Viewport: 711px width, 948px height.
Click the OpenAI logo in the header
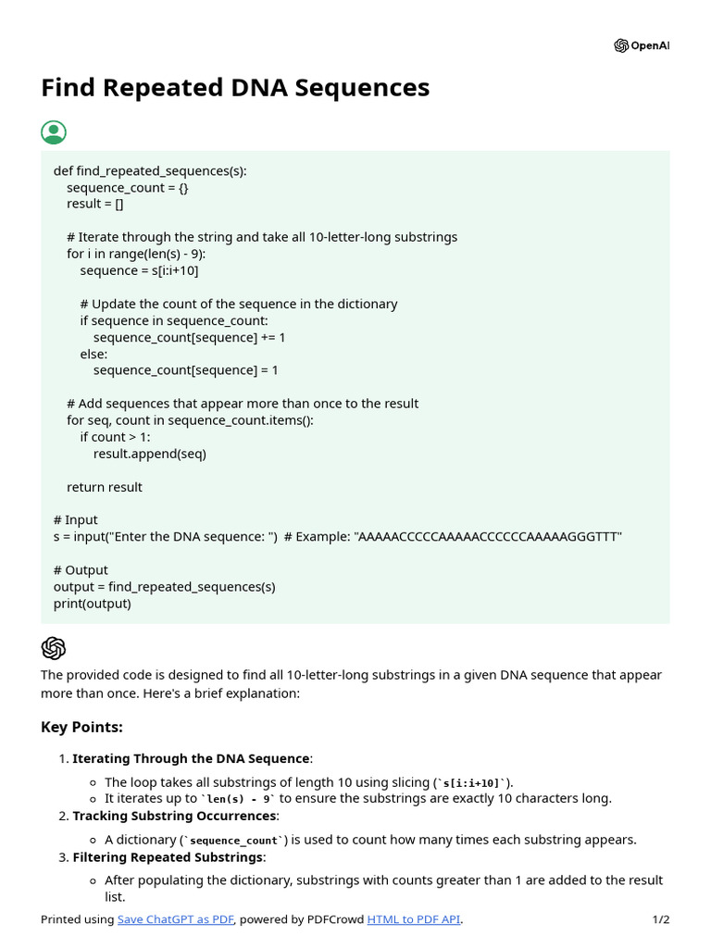[641, 46]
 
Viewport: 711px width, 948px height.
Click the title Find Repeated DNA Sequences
[235, 88]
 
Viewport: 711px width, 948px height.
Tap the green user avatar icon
[54, 132]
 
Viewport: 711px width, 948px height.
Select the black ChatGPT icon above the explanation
[54, 648]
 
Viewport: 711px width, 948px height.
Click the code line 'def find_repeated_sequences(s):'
[150, 171]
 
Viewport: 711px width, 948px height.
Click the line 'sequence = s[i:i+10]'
[139, 270]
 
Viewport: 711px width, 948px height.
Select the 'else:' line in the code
[94, 354]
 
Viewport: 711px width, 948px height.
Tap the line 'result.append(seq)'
[149, 454]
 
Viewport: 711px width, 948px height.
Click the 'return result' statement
[105, 487]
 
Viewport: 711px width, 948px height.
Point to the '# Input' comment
[76, 520]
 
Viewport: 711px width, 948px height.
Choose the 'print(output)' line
[93, 604]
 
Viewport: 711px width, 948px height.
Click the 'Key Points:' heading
[81, 727]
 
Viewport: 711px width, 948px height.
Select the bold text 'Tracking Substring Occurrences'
[174, 816]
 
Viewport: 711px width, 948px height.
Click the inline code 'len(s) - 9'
[239, 798]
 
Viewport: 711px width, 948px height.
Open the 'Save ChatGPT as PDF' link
[176, 919]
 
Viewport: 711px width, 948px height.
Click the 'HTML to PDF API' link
[414, 919]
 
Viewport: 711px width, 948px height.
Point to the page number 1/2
[660, 919]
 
